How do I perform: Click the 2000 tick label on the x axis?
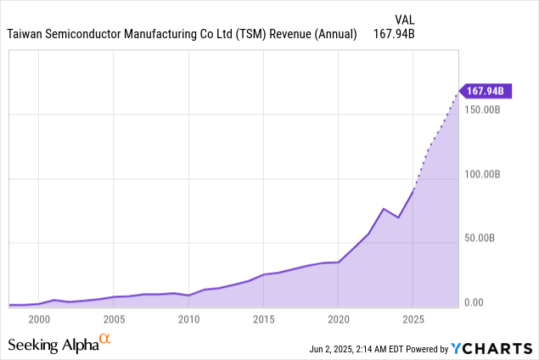[x=37, y=319]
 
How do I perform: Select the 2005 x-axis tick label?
[x=113, y=319]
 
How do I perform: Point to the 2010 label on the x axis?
[x=188, y=319]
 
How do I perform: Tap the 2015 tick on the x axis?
[x=263, y=319]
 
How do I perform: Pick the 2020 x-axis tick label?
[x=339, y=319]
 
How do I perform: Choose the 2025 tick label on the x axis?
[x=413, y=319]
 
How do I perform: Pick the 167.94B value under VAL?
[x=394, y=35]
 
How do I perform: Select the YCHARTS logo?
[x=492, y=347]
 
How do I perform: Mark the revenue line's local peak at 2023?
[x=384, y=209]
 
